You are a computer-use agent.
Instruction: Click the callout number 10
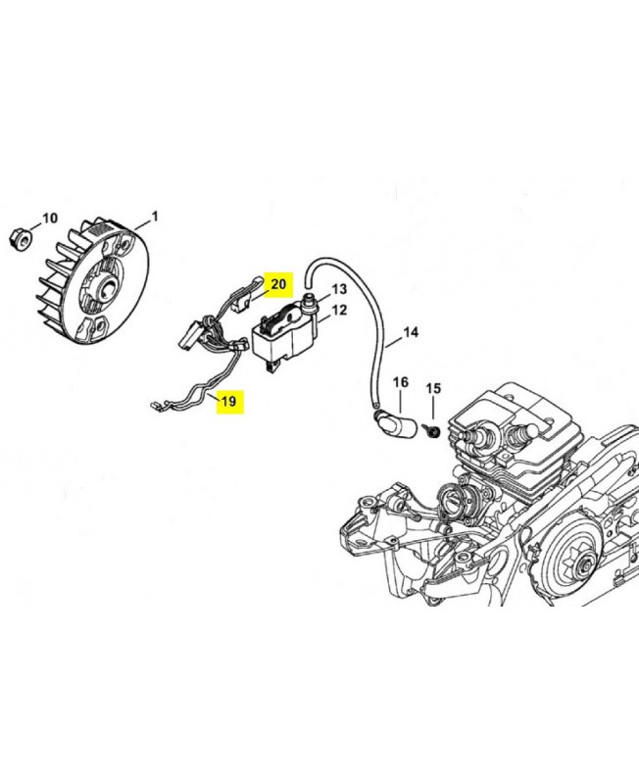click(50, 219)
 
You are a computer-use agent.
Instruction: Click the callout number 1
click(155, 217)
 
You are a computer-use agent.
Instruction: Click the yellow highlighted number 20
click(278, 284)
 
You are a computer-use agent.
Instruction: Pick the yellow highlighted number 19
click(229, 401)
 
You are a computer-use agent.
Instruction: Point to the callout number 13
click(339, 289)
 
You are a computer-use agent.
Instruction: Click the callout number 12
click(339, 310)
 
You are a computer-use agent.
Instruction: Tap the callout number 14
click(411, 332)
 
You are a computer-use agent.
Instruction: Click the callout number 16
click(401, 382)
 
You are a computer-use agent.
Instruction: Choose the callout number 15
click(433, 388)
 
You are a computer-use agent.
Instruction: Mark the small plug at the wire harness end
click(155, 406)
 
